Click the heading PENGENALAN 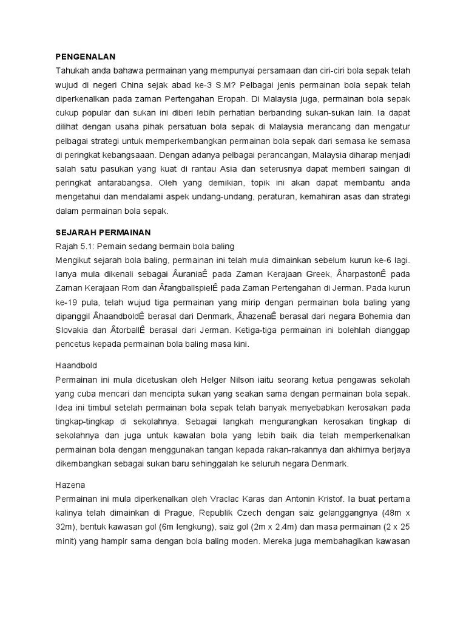click(x=85, y=56)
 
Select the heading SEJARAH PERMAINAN click(x=103, y=232)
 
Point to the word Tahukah click(x=72, y=70)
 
